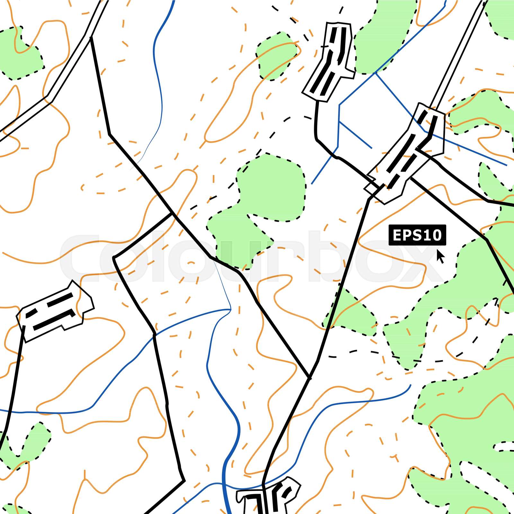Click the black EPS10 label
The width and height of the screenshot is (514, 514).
417,235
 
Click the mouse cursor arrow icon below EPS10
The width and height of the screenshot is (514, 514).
440,256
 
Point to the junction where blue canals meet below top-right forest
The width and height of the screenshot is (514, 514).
375,73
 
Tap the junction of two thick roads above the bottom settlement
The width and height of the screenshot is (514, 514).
309,377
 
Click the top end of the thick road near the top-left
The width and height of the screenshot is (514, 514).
91,38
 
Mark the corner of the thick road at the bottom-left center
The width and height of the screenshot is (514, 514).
184,481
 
